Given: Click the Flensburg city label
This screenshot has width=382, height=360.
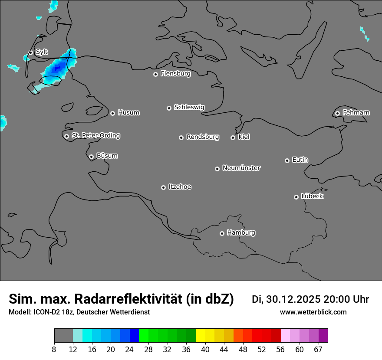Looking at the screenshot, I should [x=175, y=74].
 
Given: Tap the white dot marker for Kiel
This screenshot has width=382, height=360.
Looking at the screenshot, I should [x=233, y=137].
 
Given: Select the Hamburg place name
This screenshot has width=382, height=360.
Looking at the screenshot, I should [x=241, y=233].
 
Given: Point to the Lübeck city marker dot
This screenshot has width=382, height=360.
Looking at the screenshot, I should [x=296, y=197].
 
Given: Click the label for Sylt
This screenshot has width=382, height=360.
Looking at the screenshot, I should [x=42, y=52].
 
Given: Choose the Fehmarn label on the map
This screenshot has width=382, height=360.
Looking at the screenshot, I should [x=356, y=113].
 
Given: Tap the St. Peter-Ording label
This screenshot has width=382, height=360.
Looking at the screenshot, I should [x=95, y=136].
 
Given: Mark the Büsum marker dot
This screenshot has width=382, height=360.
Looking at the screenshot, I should [x=91, y=157].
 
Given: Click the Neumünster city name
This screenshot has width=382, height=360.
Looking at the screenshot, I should [x=241, y=168].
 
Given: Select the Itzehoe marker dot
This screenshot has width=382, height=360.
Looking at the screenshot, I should [x=163, y=187].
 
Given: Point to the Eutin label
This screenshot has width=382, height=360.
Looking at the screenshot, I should [x=300, y=160].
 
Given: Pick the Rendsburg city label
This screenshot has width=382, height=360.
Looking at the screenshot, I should [x=203, y=137].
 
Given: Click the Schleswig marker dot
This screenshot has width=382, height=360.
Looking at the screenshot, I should [x=169, y=108].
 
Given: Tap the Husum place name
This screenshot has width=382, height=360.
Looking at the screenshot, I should [x=128, y=113].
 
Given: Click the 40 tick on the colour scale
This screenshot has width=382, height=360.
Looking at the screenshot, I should [x=205, y=350].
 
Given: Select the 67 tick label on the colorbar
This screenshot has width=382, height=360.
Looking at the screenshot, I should [x=318, y=350].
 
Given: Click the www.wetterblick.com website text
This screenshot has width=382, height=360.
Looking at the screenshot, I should [x=313, y=312].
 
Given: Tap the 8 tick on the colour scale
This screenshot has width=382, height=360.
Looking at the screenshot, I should [x=54, y=350].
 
